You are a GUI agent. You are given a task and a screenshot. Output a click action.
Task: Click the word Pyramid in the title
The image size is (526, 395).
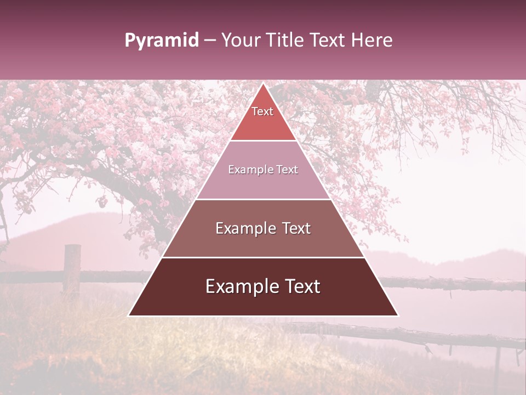coord(161,41)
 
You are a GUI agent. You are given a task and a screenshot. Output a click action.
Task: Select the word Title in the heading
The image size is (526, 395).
coord(284,41)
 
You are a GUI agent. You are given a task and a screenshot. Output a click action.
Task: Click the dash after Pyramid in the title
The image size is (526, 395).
coord(210,41)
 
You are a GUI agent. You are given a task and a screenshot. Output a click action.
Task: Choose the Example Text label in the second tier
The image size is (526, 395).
coord(263,170)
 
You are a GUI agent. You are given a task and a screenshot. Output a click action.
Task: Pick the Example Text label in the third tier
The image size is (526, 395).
coord(263,228)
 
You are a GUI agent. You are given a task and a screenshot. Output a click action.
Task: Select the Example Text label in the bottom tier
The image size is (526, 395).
coord(263,286)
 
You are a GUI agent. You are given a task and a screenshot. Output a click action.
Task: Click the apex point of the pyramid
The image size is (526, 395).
coord(263,84)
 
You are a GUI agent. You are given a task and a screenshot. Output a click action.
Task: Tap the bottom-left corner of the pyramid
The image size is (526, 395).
coord(129,315)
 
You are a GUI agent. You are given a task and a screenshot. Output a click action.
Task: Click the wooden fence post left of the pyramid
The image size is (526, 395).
coord(72,269)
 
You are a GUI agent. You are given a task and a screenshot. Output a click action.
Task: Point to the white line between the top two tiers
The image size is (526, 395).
coord(263,140)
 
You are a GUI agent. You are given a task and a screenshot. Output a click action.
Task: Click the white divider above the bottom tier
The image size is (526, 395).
coord(263,257)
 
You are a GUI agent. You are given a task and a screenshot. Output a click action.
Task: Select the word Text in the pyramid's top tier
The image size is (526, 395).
coord(262,111)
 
